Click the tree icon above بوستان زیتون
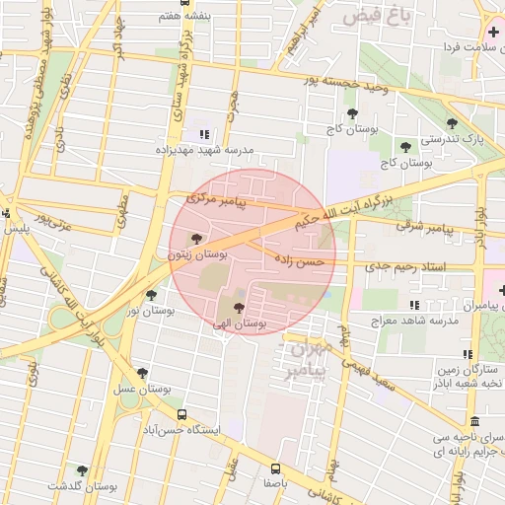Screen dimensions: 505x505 tap(196, 239)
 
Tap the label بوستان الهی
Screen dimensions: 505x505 tap(237, 323)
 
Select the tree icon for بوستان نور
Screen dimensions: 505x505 tap(150, 294)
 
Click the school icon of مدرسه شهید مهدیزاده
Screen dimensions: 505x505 tap(204, 134)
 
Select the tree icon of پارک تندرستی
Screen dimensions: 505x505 tap(452, 124)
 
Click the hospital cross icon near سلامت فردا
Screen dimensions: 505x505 tap(493, 33)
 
